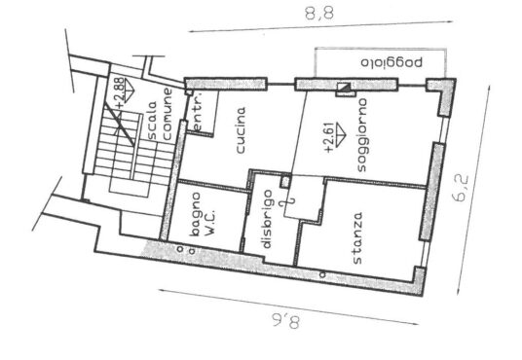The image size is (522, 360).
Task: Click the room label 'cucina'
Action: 241,129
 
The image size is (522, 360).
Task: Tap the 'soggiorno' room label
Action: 361,134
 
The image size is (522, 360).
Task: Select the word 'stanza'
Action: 356,238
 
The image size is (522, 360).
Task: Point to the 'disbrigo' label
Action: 267,219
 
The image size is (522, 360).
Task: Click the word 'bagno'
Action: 195,215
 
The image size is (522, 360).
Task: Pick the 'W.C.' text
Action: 209,223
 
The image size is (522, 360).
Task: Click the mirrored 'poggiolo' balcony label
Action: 391,62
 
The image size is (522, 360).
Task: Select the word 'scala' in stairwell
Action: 152,120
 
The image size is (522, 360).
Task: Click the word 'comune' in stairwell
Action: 167,114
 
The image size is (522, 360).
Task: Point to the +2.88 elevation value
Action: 121,93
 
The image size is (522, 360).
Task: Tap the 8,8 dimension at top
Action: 319,14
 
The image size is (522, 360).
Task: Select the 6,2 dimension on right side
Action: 461,189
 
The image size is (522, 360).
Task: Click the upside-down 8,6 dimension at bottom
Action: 284,322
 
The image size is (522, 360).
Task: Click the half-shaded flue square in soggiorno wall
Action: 344,88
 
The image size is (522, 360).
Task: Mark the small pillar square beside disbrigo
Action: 285,182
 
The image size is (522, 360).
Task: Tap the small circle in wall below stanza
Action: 322,274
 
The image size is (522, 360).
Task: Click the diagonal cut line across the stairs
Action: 120,125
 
